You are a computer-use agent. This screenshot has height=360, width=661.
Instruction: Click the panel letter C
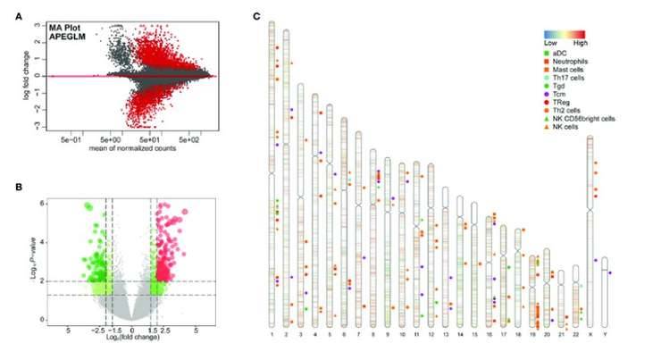point(257,16)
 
